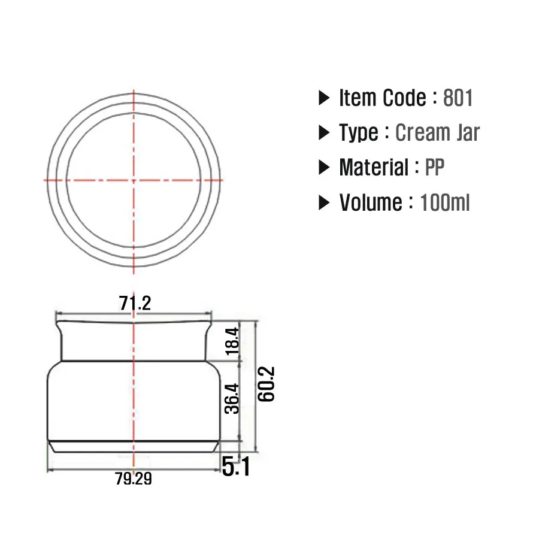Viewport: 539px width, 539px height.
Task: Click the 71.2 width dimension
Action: (134, 304)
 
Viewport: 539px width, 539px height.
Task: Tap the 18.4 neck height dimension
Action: (232, 341)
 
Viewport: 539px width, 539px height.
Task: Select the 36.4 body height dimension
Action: (232, 398)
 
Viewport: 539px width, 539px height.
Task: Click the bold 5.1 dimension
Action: (236, 467)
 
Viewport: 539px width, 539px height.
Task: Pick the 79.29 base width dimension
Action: (134, 479)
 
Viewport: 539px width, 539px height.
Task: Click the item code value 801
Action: (458, 98)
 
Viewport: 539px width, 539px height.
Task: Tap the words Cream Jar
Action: (437, 132)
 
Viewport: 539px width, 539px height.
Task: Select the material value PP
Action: (435, 168)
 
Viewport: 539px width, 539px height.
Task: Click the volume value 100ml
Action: (445, 203)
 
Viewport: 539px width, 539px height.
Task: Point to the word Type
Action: (359, 132)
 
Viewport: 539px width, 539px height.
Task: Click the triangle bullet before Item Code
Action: (324, 98)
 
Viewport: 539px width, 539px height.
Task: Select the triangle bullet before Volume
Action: (324, 203)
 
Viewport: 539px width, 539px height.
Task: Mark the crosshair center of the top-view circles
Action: (133, 180)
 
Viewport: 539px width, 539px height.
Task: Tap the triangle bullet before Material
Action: (324, 168)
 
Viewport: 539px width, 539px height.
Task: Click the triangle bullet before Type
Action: (324, 132)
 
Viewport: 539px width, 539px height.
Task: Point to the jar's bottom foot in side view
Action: (134, 446)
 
